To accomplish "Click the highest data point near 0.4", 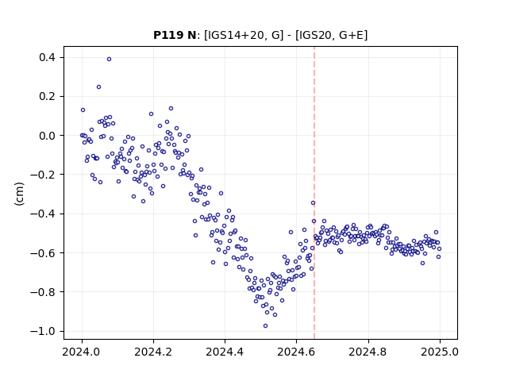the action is tap(110, 59).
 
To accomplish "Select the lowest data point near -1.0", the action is tap(265, 326).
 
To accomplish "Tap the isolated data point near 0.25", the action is tap(98, 87).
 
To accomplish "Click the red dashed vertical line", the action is tap(314, 193).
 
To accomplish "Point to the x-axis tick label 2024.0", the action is tap(82, 352).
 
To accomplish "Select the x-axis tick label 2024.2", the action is tap(153, 352).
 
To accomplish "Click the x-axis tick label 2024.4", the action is tap(225, 352).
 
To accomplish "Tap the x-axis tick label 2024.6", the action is tap(296, 352).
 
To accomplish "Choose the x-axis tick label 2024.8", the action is tap(368, 352).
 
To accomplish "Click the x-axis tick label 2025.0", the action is tap(440, 352).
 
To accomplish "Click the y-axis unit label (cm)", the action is tap(19, 194).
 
